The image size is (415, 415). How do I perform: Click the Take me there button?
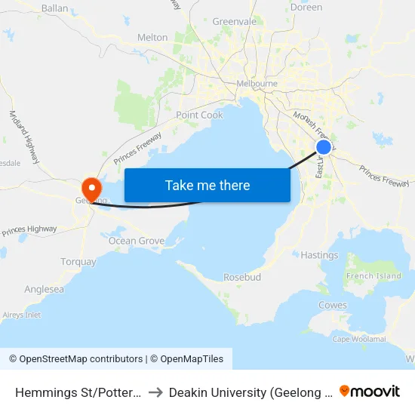pos(207,185)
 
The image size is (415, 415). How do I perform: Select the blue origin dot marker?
pos(323,146)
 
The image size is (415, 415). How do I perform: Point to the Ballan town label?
pos(55,8)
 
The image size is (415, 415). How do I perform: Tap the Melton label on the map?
pos(152,37)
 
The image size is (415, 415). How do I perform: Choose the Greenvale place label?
pos(235,22)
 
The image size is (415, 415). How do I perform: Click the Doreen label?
pos(306,8)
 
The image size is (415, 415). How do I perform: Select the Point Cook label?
pos(199,115)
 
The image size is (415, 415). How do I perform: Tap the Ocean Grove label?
pos(137,241)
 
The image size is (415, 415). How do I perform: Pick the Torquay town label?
pos(78,262)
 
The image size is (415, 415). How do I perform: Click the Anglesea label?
pos(44,289)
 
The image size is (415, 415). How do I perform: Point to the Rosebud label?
pos(242,278)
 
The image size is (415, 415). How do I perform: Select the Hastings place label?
pos(319,255)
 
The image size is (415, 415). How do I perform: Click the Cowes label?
pos(333,306)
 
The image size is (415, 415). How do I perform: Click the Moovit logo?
pos(370,391)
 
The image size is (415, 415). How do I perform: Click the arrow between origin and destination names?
pos(154,392)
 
